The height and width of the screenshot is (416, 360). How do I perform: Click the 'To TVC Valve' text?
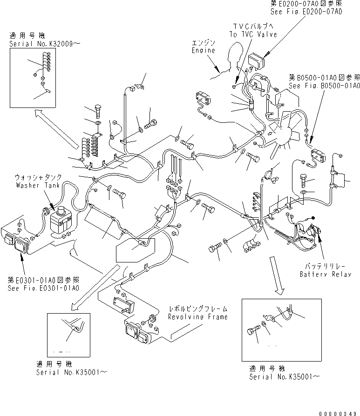pyautogui.click(x=253, y=34)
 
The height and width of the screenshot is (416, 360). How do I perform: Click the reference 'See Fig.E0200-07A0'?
pyautogui.click(x=306, y=11)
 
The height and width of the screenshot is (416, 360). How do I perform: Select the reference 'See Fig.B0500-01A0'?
pyautogui.click(x=324, y=86)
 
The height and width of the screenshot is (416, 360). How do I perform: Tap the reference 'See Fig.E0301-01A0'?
pyautogui.click(x=43, y=288)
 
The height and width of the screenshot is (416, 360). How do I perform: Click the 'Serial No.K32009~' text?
pyautogui.click(x=44, y=44)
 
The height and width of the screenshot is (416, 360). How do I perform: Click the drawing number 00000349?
pyautogui.click(x=338, y=411)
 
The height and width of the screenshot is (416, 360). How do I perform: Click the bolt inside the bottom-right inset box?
pyautogui.click(x=252, y=332)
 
